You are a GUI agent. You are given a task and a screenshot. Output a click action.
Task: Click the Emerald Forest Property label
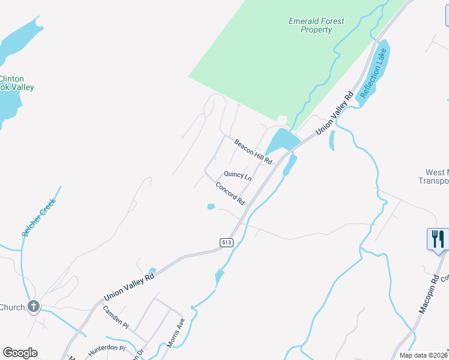pos(316,25)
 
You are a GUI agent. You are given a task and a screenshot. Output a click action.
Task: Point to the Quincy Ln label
pos(238,175)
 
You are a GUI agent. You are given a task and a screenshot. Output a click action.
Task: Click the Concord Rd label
pos(231,193)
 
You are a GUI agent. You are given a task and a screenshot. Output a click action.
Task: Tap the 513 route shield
pos(226,242)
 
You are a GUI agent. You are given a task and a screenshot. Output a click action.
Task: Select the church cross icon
pos(34,307)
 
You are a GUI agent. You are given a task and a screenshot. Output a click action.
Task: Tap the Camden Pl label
pos(116,316)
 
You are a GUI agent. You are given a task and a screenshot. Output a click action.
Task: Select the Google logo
pos(20,353)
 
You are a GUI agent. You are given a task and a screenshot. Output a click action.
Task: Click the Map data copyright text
pos(424,355)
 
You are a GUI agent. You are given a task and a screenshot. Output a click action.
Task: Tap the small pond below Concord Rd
pos(211,207)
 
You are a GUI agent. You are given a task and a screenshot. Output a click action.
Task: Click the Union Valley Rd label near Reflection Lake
pos(340,113)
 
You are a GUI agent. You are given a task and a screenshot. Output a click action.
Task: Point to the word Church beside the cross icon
pos(12,307)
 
